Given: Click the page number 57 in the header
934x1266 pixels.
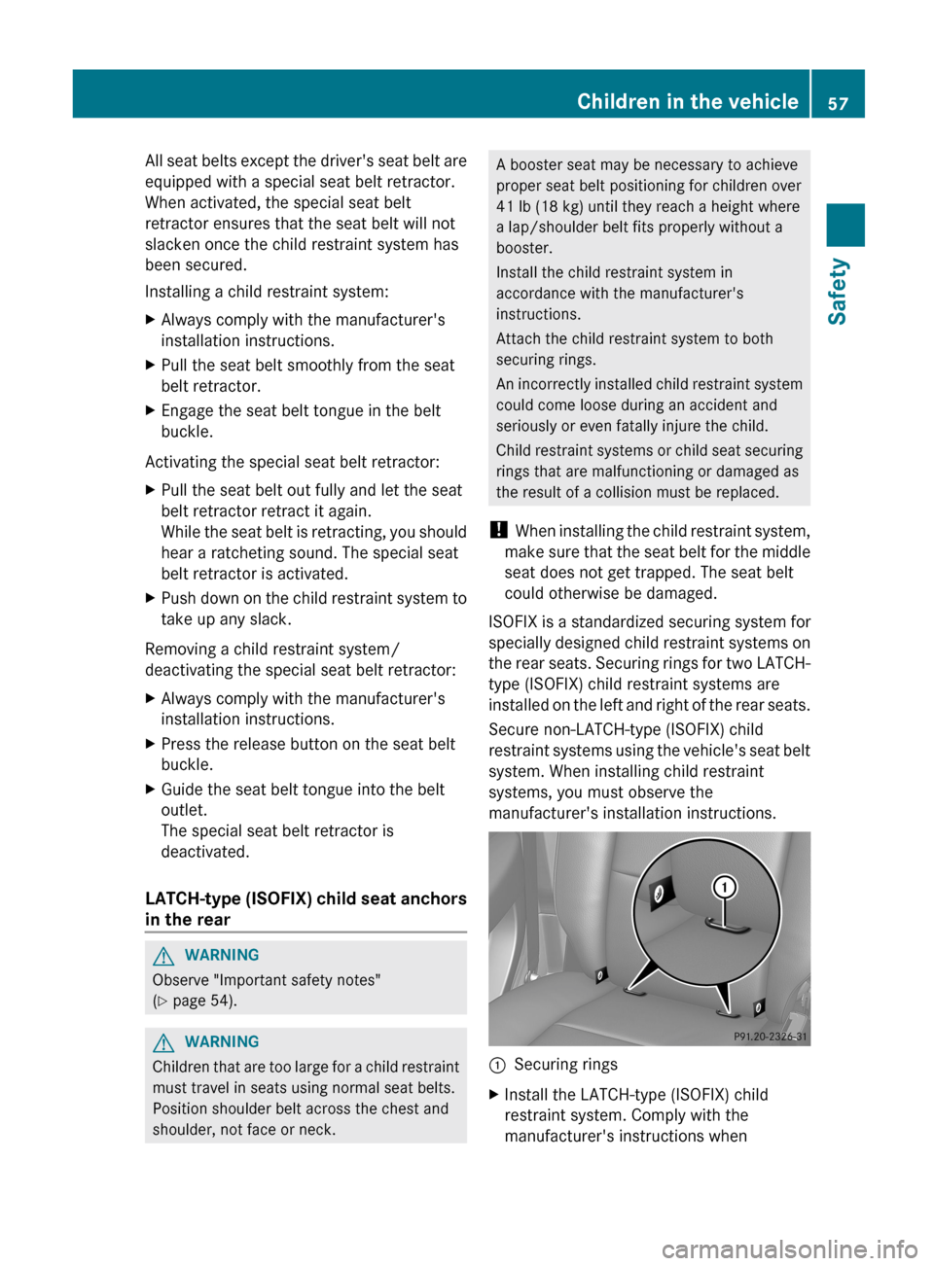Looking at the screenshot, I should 838,103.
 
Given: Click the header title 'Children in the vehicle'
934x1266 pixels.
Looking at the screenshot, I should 687,101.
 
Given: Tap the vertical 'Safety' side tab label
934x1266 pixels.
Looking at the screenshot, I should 838,291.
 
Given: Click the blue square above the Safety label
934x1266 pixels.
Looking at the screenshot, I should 845,225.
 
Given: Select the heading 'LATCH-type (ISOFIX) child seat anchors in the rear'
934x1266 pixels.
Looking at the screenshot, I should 305,909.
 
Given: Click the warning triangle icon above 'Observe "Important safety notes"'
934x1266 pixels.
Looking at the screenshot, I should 163,956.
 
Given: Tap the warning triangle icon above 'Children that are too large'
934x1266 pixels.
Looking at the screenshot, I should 163,1042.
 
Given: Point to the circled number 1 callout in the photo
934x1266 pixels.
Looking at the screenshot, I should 724,887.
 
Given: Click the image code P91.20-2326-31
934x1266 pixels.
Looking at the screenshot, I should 770,1037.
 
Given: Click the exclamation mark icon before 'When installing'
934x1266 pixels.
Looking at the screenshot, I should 498,530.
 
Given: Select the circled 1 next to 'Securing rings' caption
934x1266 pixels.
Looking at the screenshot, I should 497,1065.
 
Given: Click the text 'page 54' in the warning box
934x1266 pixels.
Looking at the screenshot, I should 203,1001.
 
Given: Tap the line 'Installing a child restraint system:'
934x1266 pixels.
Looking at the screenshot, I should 267,292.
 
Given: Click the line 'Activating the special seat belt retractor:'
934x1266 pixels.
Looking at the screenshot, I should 292,462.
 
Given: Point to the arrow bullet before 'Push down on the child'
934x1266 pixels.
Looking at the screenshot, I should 150,599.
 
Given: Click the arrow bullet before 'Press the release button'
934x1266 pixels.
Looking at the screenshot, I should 150,744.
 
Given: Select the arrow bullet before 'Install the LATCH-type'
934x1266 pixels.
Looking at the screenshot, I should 493,1095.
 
